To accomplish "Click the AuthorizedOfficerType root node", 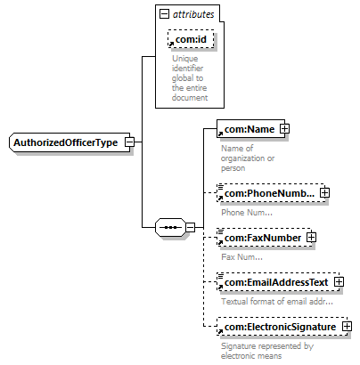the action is point(70,142).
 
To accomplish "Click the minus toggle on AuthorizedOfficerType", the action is point(129,142).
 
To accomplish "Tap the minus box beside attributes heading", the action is point(164,14).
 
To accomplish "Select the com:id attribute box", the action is point(191,39).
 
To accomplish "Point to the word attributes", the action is point(193,14).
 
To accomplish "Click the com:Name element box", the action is point(250,129).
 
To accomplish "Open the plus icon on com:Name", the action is point(284,129).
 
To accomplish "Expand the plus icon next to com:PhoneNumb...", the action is point(325,193).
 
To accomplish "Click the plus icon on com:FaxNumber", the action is point(311,238).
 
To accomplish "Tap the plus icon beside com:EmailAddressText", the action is point(339,282).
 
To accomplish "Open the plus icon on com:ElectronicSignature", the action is point(347,327).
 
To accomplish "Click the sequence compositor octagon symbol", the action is point(171,228).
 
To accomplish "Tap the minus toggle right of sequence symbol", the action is point(191,228).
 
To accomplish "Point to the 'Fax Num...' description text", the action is point(241,257).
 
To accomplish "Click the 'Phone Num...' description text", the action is point(247,213).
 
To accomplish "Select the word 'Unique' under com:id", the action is point(184,59).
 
